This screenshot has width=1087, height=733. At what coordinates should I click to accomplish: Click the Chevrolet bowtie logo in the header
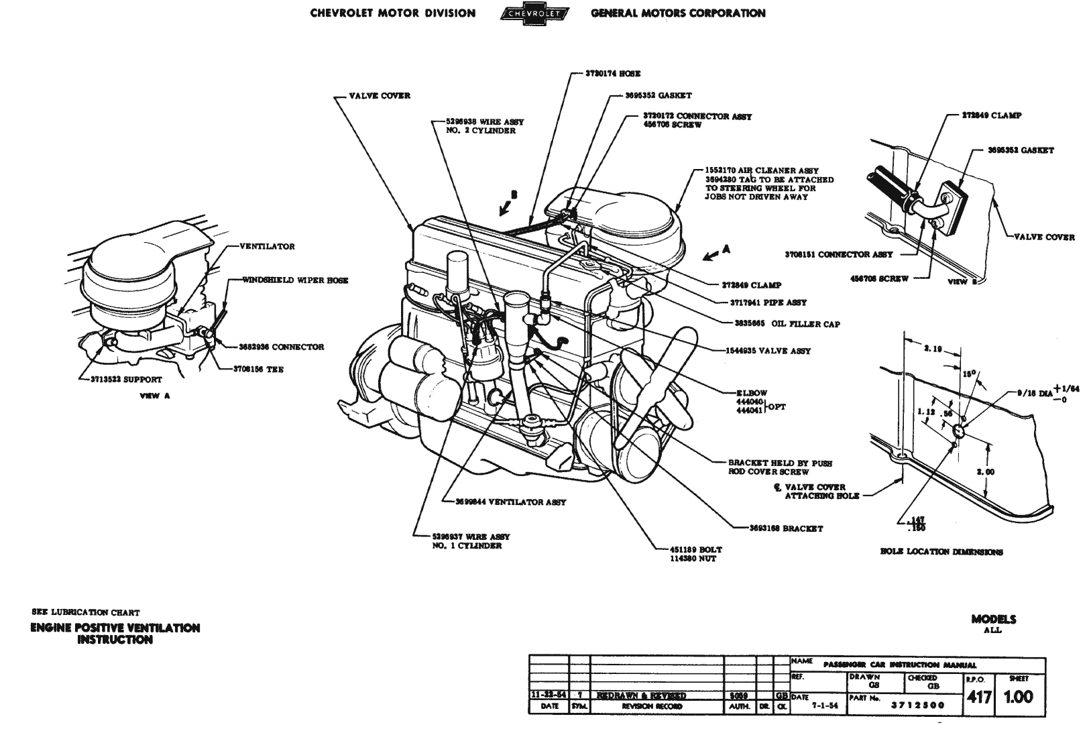(534, 13)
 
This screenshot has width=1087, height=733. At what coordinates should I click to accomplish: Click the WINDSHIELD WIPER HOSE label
(295, 280)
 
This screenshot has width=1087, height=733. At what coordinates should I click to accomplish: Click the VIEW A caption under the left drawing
(154, 396)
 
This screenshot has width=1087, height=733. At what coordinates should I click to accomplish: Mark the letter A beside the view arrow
(726, 249)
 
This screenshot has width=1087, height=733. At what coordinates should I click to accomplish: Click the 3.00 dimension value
(985, 471)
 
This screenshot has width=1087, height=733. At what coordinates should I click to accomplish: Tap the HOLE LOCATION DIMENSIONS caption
(941, 552)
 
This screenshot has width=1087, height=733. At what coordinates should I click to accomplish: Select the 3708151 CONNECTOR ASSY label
(838, 255)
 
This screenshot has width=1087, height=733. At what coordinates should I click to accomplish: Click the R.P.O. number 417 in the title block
(979, 697)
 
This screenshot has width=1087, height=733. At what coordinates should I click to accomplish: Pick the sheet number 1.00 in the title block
(1018, 697)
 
